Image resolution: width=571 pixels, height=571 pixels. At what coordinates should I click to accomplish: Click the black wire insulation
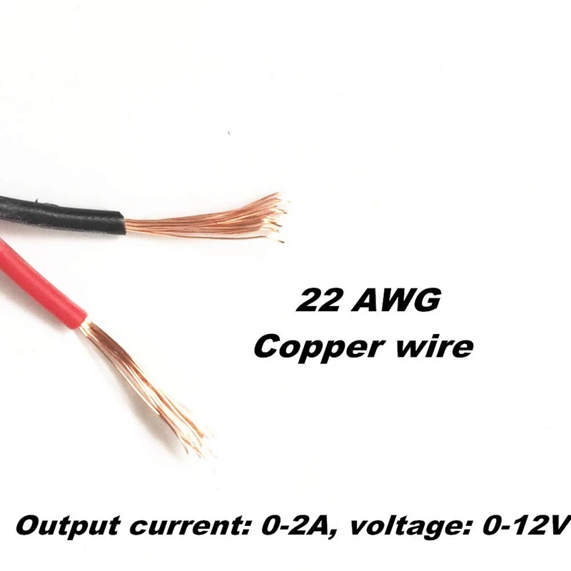[x=57, y=212]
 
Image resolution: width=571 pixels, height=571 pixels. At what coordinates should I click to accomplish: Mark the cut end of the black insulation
[x=123, y=224]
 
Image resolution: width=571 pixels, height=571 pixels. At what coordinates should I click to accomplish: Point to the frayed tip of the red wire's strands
[x=200, y=443]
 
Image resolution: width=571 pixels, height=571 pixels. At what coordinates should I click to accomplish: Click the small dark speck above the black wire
[x=228, y=133]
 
